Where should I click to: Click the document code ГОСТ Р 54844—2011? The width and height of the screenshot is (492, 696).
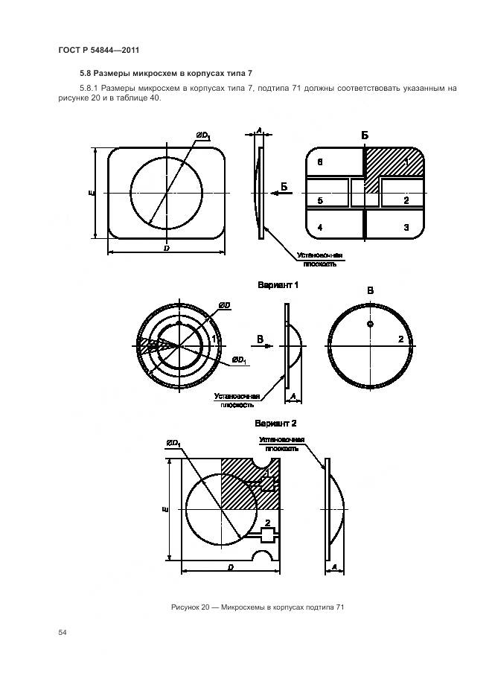pos(99,50)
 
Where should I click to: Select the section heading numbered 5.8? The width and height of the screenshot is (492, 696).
pos(166,73)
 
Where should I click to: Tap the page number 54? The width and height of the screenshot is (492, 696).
pos(63,632)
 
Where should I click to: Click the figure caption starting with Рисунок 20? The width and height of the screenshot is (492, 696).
pos(258,607)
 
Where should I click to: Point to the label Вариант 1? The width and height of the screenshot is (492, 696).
pos(278,284)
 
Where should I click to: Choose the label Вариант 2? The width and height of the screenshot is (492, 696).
pos(275,424)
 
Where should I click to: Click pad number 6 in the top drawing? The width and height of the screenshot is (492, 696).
pos(320,162)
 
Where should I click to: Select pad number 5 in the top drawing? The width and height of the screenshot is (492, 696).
pos(320,201)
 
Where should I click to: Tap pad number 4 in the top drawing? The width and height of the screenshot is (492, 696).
pos(320,228)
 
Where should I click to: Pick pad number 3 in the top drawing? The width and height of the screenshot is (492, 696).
pos(406,228)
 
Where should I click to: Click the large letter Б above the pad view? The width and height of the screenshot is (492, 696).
pos(365,135)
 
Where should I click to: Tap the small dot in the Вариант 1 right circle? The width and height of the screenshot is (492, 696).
pos(371,324)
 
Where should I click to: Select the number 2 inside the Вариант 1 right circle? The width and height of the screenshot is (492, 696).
pos(400,339)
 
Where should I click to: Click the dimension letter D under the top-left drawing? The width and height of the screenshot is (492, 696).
pos(167,249)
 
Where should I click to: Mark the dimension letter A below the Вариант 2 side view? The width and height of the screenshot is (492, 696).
pos(334,566)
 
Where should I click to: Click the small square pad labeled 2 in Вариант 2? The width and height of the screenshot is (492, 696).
pos(267,536)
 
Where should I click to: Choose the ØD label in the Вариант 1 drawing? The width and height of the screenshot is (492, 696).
pos(225,305)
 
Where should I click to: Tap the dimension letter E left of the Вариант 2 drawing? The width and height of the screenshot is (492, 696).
pos(165,510)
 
